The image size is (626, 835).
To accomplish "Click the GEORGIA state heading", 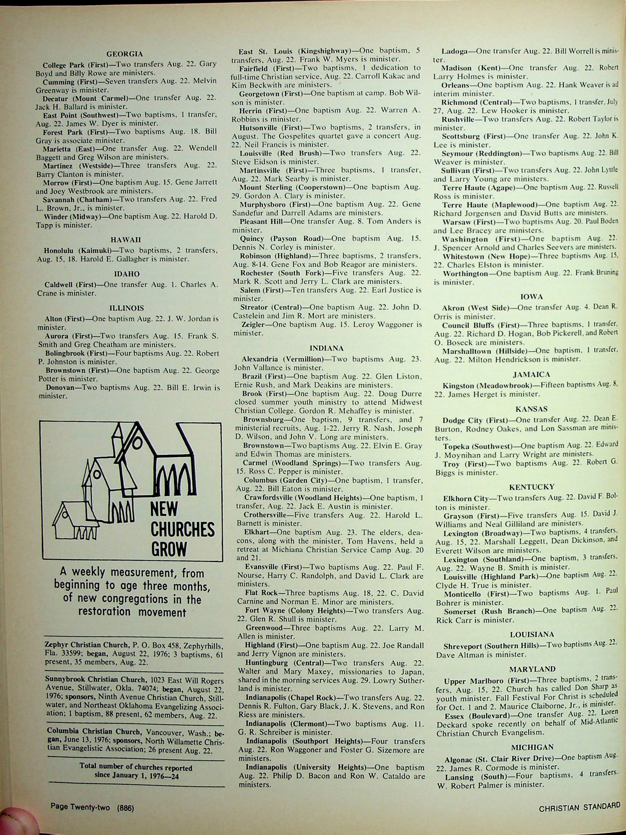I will point(124,54).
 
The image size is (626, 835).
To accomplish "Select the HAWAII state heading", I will point(126,240).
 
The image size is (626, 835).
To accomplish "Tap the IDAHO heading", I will point(127,274).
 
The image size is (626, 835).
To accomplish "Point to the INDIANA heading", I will point(326,348).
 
